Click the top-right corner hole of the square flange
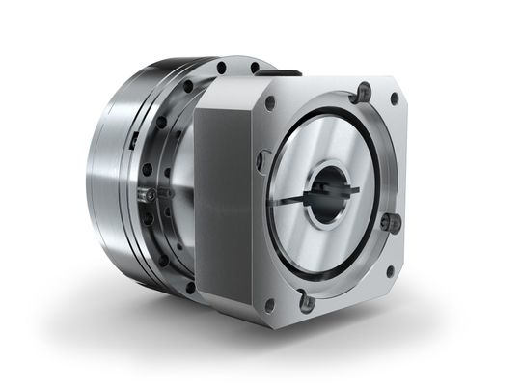click(394, 98)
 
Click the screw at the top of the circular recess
click(364, 94)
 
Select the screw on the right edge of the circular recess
click(389, 222)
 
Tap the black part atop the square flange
click(285, 70)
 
